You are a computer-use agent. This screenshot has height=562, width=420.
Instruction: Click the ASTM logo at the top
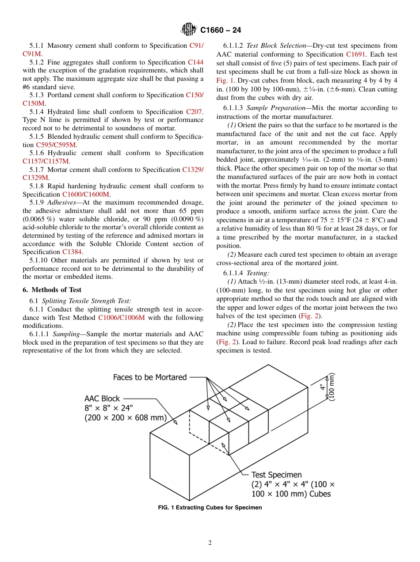click(x=189, y=30)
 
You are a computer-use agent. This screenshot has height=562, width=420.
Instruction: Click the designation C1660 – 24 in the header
click(x=221, y=30)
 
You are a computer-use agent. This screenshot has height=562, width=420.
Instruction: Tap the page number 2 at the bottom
click(x=210, y=543)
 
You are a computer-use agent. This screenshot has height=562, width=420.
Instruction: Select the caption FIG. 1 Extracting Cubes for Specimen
click(x=210, y=508)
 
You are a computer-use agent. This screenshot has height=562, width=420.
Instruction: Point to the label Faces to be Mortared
click(x=150, y=377)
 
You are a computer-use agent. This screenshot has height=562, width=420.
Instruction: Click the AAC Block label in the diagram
click(x=102, y=399)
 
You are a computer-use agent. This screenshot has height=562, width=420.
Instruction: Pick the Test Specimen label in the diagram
click(x=276, y=475)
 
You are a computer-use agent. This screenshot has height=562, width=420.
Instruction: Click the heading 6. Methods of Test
click(x=52, y=290)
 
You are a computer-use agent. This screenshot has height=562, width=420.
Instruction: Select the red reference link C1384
click(x=72, y=252)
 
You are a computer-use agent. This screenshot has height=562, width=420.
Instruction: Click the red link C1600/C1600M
click(x=86, y=194)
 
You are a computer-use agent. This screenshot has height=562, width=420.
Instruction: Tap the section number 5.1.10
click(x=39, y=260)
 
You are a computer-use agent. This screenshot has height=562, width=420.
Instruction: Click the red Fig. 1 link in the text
click(x=221, y=80)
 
